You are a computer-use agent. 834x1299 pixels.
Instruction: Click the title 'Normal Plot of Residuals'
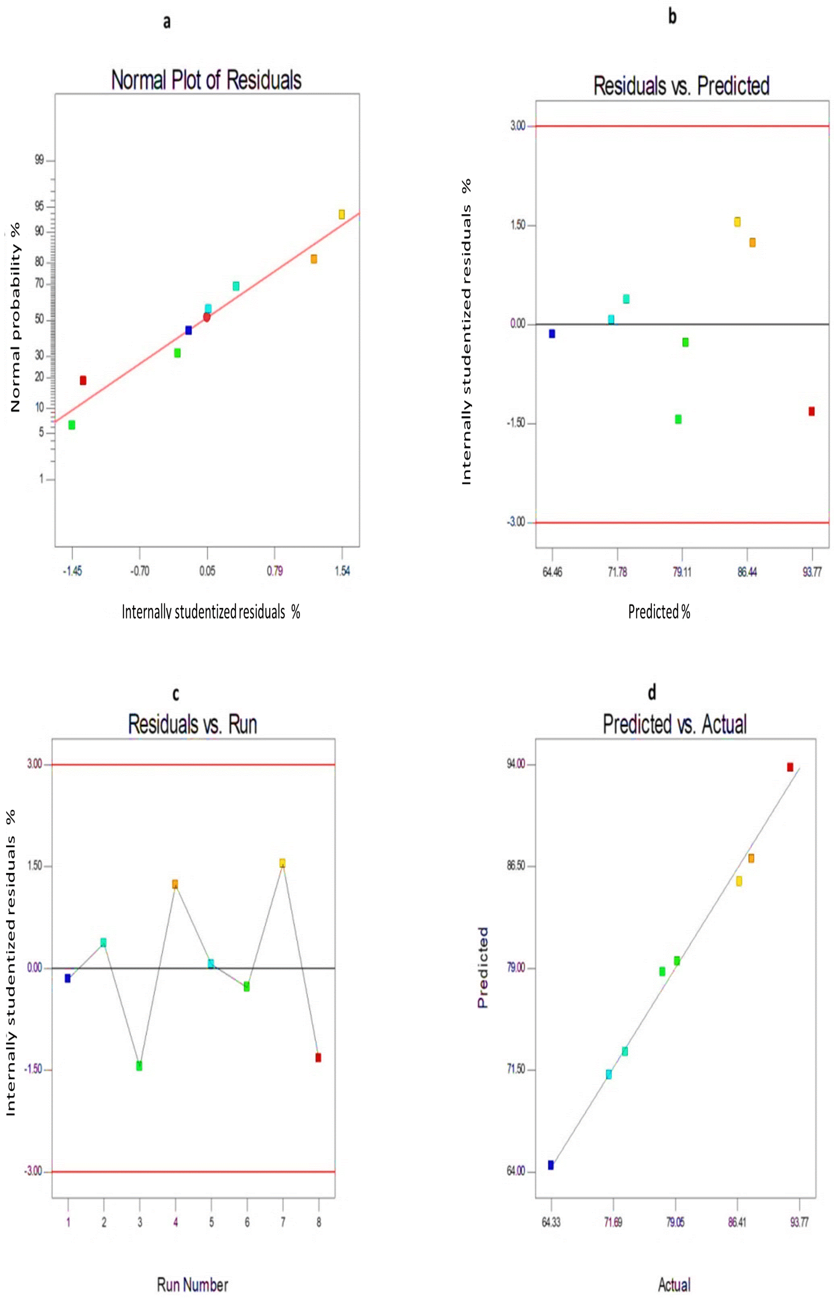coord(206,80)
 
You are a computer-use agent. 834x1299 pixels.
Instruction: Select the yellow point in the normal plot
coord(342,214)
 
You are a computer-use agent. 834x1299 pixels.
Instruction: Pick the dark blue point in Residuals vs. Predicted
coord(552,334)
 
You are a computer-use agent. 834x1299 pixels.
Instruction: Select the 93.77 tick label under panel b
coord(812,572)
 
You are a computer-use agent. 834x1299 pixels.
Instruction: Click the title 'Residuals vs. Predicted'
coord(681,85)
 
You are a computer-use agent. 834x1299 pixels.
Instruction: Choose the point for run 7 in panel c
coord(282,863)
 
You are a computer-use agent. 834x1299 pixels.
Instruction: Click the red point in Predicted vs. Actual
coord(790,767)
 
